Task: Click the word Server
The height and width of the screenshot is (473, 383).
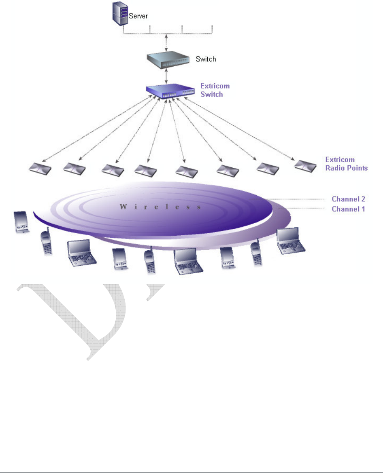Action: (138, 17)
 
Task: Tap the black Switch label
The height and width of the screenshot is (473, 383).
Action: (206, 59)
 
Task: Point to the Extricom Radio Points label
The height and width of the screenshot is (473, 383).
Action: (347, 164)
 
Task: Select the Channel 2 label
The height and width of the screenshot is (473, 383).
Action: (349, 199)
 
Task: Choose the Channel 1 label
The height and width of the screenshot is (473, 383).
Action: (349, 209)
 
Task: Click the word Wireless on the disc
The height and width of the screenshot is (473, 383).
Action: (160, 207)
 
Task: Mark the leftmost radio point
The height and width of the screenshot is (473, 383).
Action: (40, 168)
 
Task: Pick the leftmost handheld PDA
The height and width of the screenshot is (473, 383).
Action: (21, 222)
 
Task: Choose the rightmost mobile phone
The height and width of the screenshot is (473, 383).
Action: (256, 253)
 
